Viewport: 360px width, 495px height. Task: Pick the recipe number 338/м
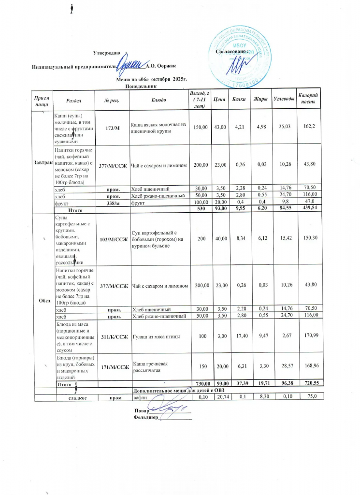click(113, 204)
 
